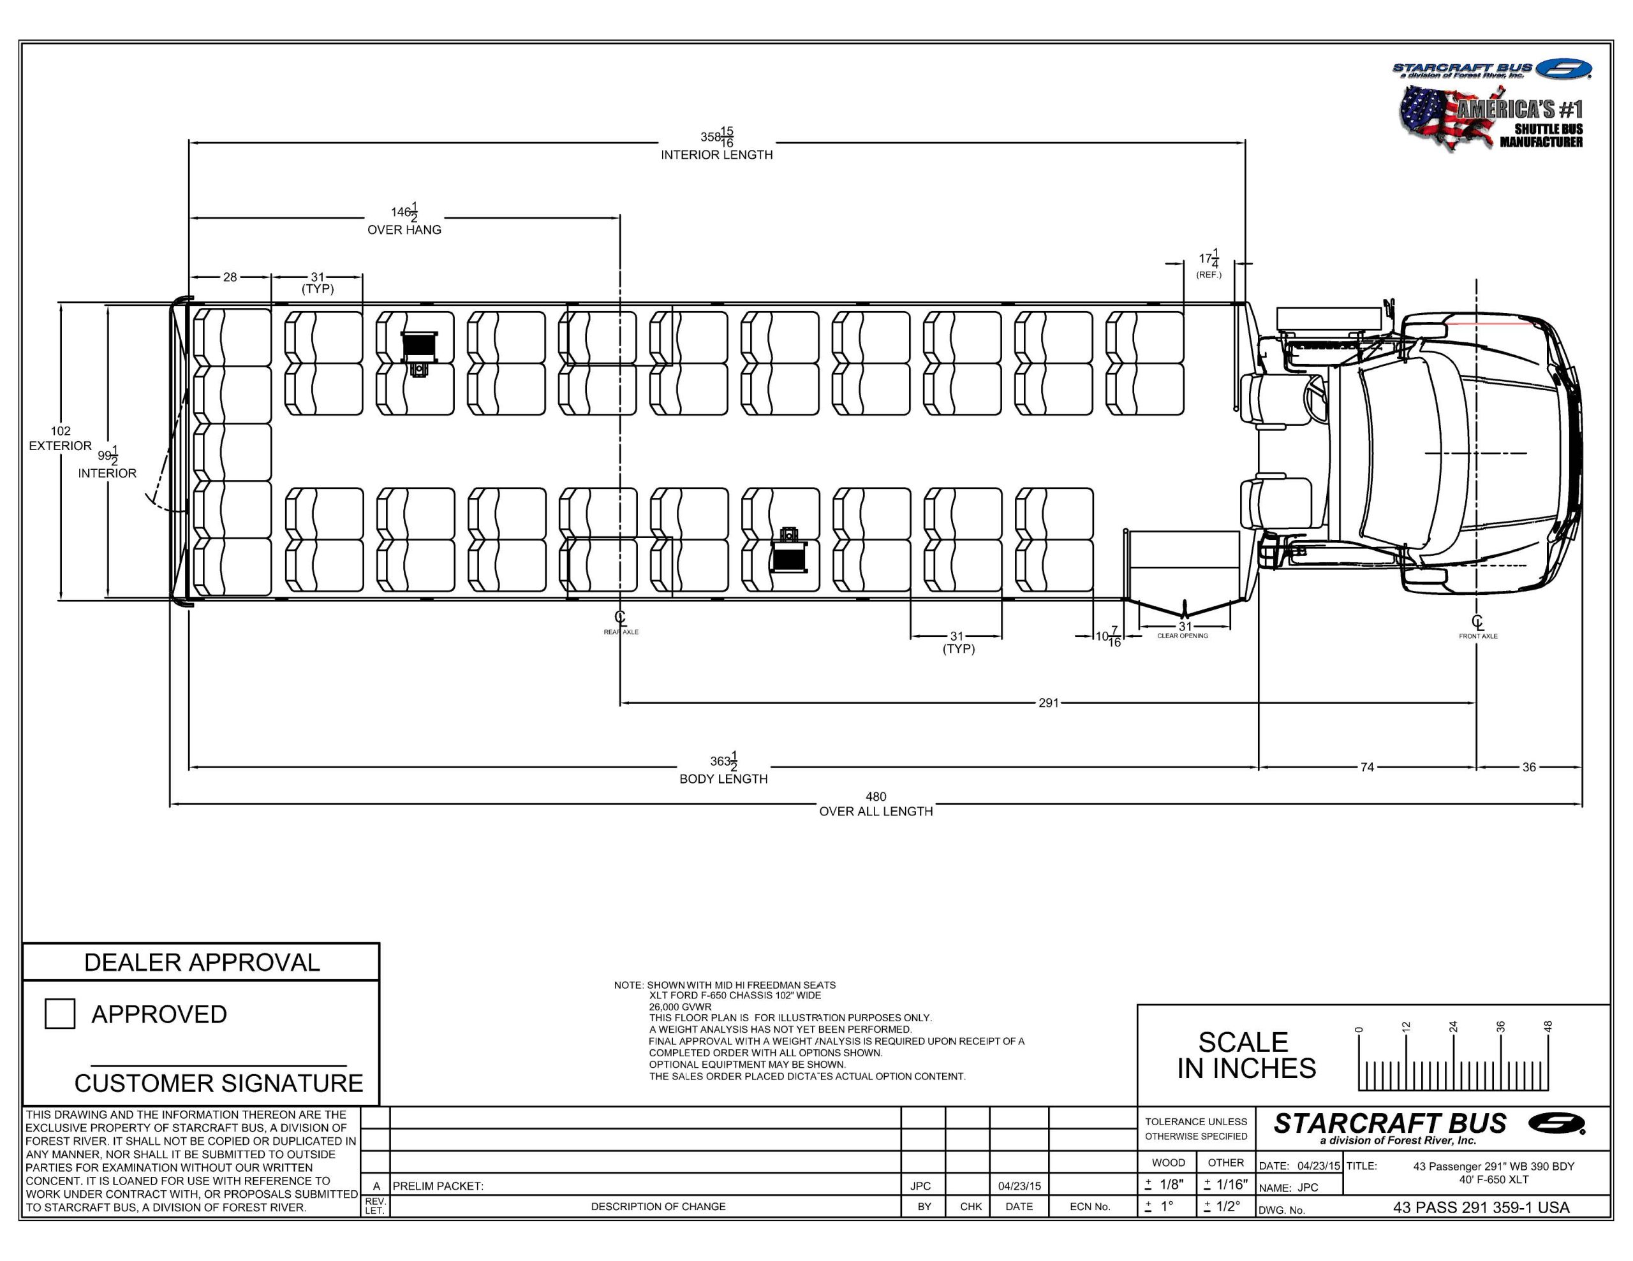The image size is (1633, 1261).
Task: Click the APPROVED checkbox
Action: [x=60, y=1014]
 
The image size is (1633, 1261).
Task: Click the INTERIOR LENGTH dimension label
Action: [x=716, y=155]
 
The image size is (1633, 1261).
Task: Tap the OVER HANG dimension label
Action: [x=404, y=230]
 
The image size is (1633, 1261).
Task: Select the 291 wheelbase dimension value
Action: [x=1048, y=703]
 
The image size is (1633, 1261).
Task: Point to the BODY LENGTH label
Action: [x=723, y=779]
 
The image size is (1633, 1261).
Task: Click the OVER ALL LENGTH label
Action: [x=876, y=811]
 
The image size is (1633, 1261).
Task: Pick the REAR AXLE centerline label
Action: [x=621, y=632]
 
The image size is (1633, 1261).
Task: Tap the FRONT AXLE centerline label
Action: [x=1477, y=636]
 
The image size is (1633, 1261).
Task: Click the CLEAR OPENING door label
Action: [x=1182, y=636]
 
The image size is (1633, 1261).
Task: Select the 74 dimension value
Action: [x=1367, y=767]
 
